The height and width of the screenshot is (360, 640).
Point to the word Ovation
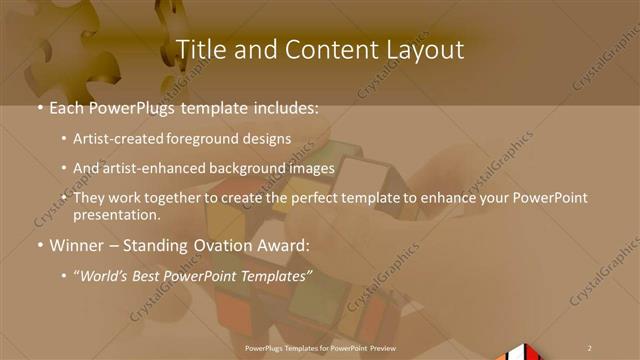[236, 245]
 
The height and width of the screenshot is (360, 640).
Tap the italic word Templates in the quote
[275, 274]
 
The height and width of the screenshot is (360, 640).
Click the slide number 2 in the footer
[590, 347]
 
